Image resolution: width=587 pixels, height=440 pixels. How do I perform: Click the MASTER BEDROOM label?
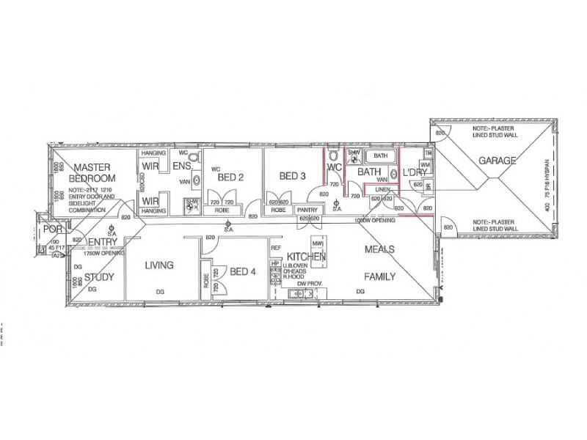[x=92, y=172]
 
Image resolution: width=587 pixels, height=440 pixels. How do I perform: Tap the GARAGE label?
[x=498, y=161]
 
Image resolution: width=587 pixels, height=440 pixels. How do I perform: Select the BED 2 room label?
[x=230, y=177]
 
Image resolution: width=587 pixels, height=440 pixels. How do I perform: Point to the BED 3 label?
[x=291, y=176]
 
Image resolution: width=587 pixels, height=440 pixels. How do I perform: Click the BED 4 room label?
[x=242, y=272]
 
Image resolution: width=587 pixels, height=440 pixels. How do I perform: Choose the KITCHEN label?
[x=306, y=257]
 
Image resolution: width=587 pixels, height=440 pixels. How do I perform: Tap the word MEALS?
[x=380, y=249]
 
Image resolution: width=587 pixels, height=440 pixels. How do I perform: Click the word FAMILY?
[x=380, y=277]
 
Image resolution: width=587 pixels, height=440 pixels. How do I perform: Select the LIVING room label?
[x=158, y=265]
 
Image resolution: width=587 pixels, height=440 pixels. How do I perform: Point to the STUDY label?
[x=98, y=277]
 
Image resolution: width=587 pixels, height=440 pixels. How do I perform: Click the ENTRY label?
[x=103, y=243]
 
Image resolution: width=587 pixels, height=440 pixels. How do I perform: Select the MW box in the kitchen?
[x=318, y=243]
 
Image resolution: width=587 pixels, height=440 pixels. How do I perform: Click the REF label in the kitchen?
[x=276, y=249]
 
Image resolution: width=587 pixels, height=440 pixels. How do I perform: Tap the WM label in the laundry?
[x=426, y=166]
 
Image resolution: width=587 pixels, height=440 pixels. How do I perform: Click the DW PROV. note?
[x=306, y=282]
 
